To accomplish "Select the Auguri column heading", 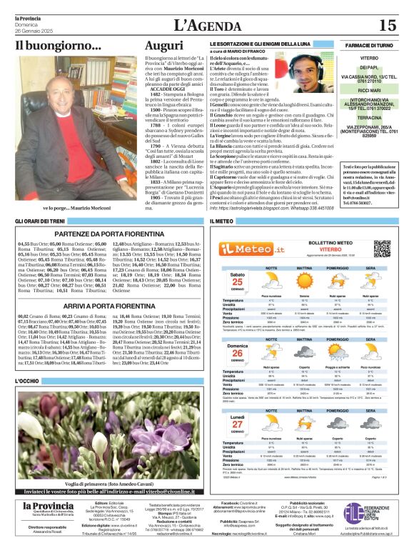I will pyautogui.click(x=163, y=46).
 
